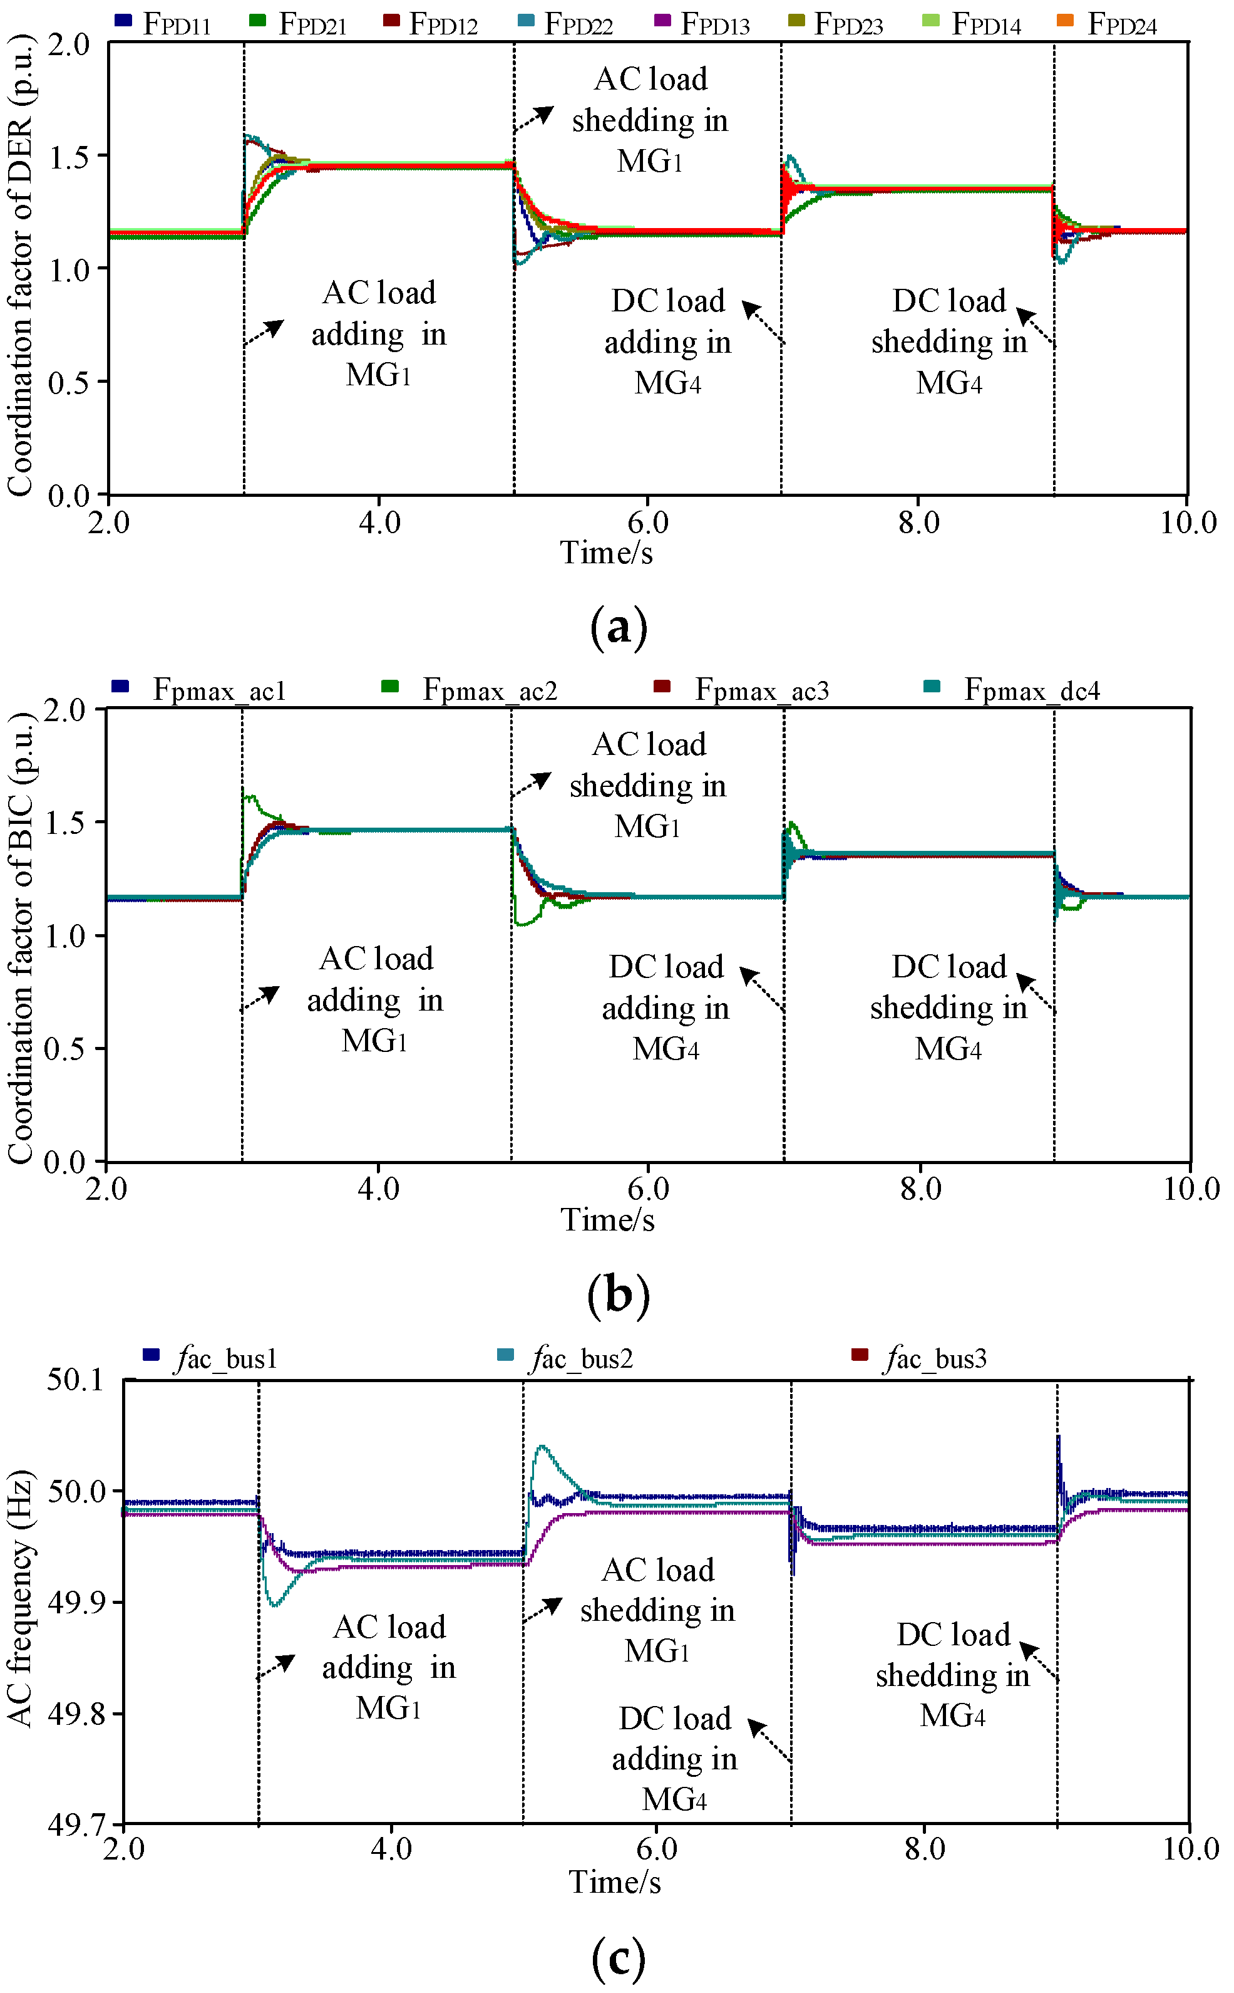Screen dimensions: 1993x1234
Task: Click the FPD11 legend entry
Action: pos(164,24)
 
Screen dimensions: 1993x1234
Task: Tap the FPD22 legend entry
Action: pos(567,24)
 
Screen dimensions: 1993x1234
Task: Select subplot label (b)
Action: pos(618,1294)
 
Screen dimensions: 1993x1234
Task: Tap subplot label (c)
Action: pos(618,1958)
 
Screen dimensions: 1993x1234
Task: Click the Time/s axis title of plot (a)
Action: pos(607,553)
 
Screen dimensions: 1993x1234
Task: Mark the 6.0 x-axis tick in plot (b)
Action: pos(648,1188)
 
